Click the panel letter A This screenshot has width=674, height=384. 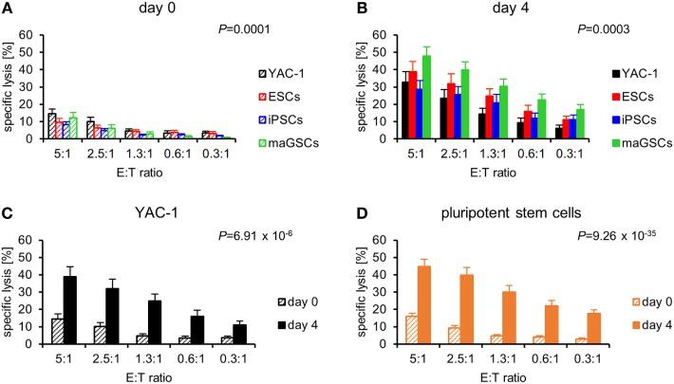(8, 9)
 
